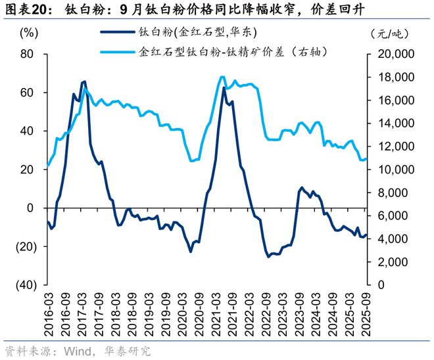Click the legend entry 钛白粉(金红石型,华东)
pos(197,32)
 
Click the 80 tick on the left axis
pos(27,54)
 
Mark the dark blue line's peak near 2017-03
pos(84,81)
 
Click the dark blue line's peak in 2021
pos(224,87)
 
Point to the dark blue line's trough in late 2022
pos(268,256)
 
